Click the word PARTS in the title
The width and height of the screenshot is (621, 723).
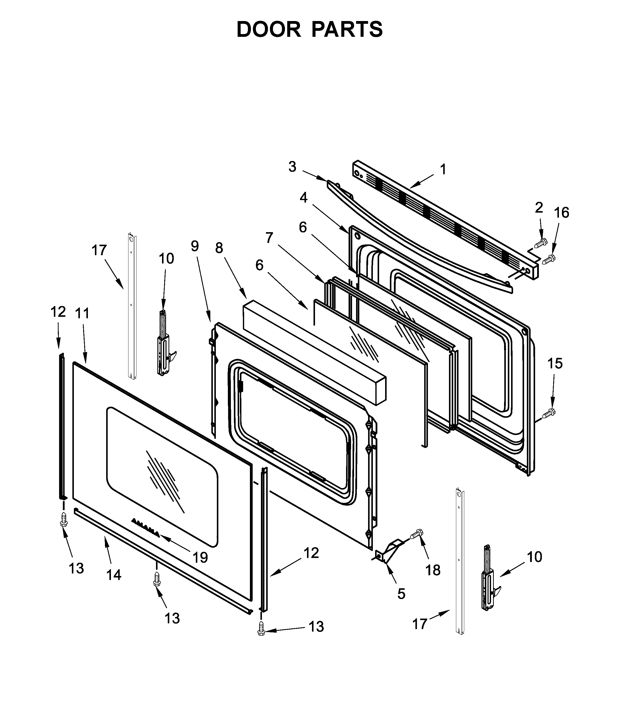(347, 29)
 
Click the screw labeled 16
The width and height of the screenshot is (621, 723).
(549, 259)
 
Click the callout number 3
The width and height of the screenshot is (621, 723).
(292, 167)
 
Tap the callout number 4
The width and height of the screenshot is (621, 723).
(303, 198)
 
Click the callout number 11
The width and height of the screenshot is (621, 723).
(82, 313)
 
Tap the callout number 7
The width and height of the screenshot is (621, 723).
(269, 238)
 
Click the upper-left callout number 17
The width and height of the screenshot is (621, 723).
(99, 250)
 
